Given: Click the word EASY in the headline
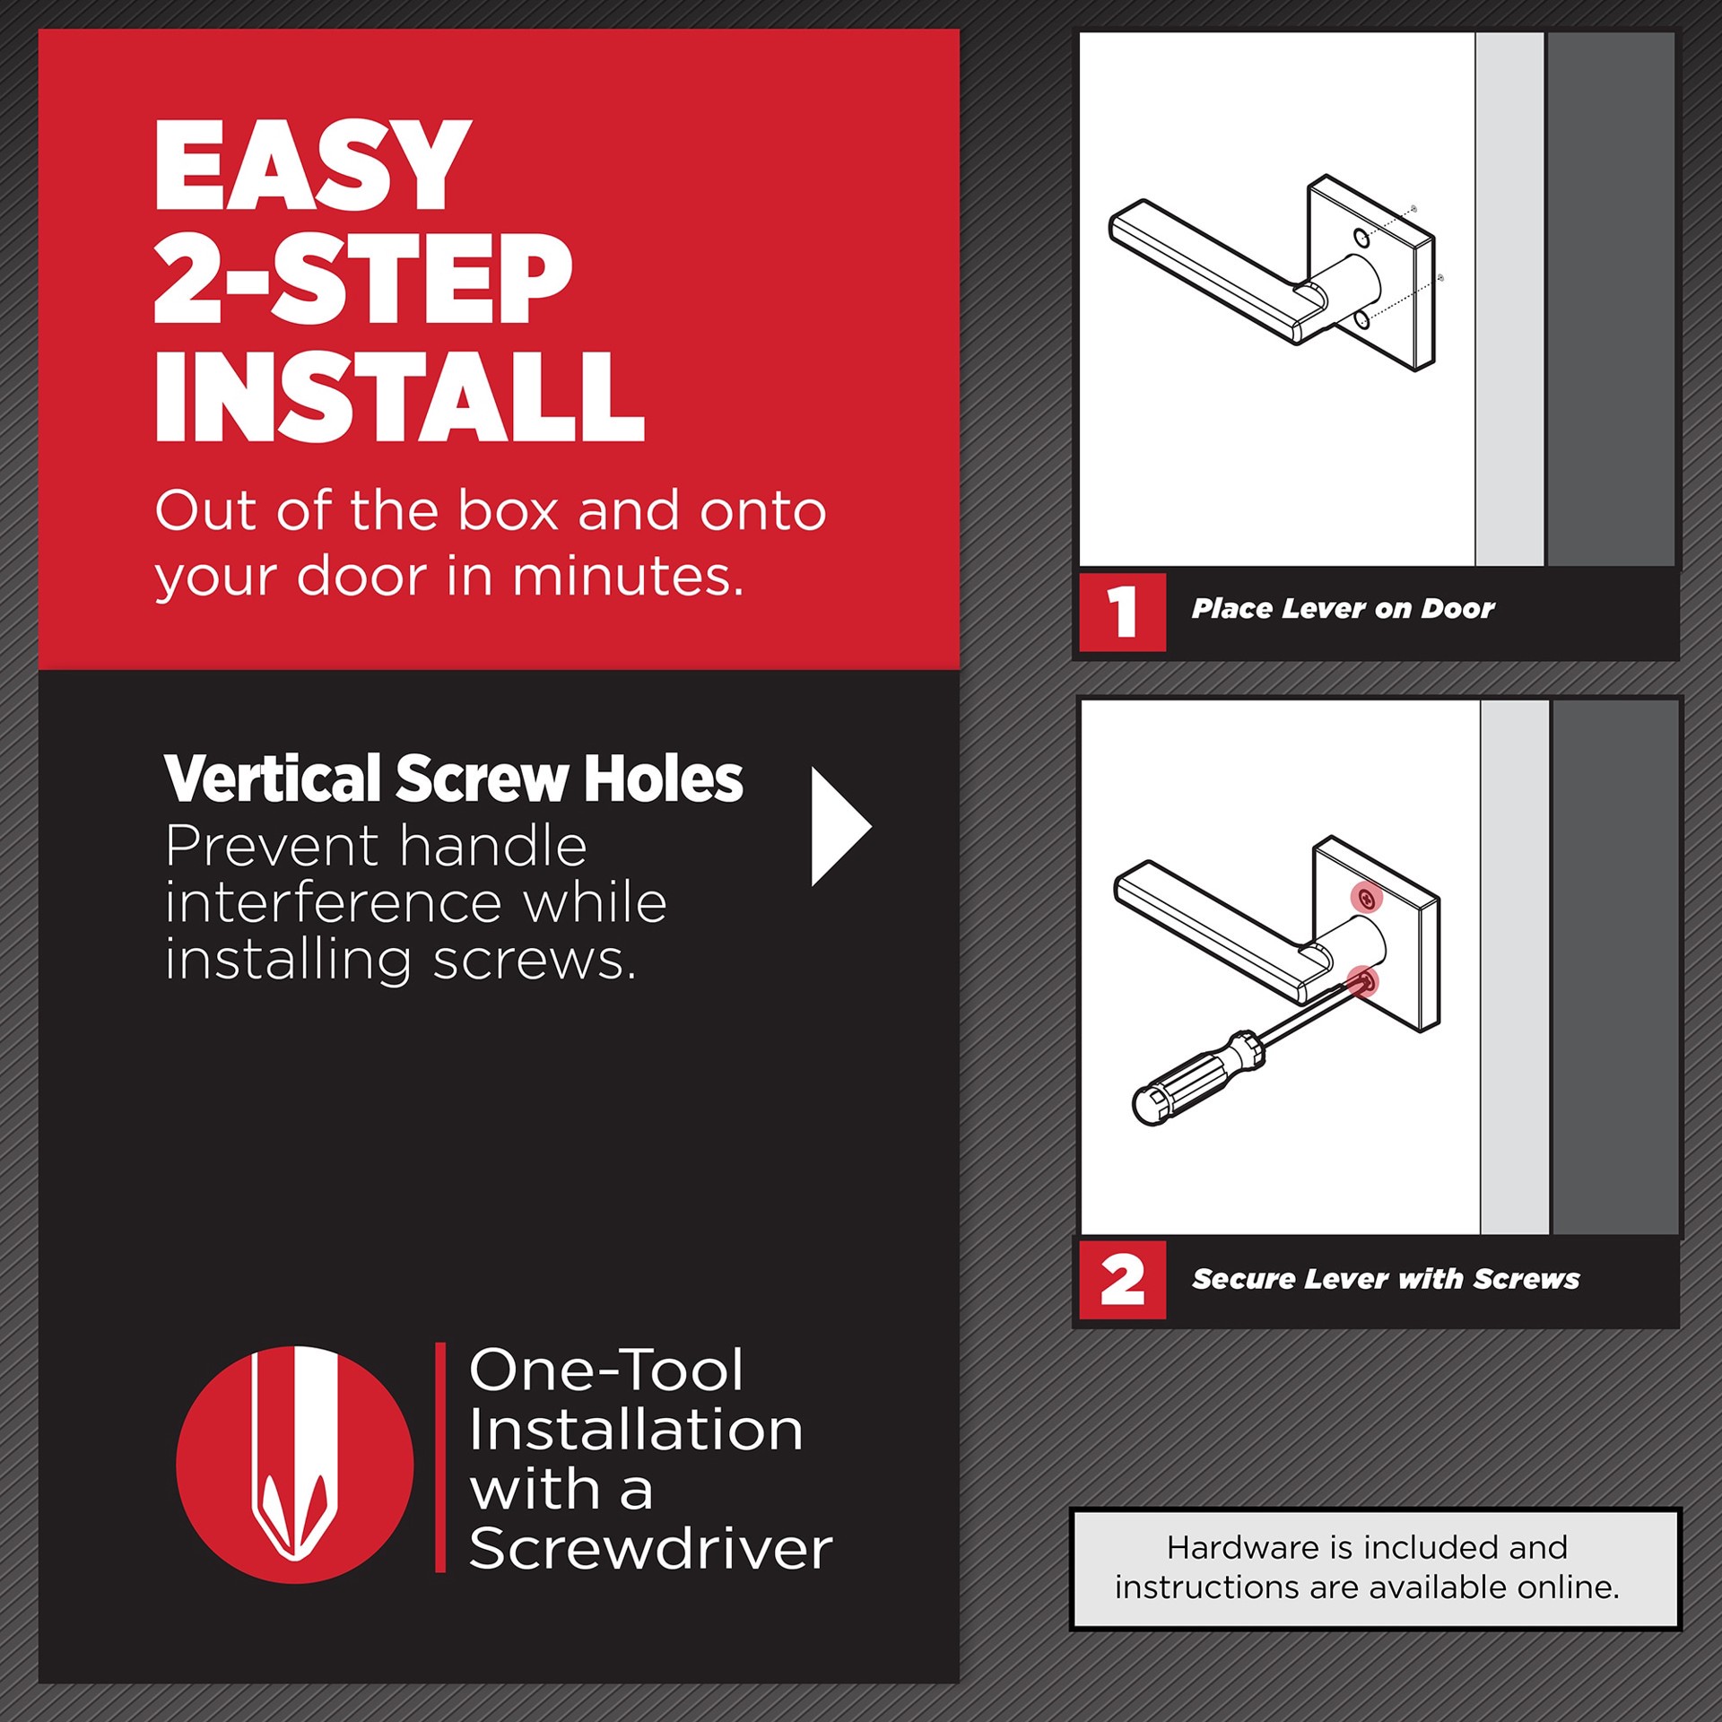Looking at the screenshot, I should pyautogui.click(x=311, y=167).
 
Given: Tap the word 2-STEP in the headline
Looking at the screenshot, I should pyautogui.click(x=362, y=281).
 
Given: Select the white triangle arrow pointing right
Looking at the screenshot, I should pyautogui.click(x=836, y=826).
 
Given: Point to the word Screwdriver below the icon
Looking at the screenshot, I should pyautogui.click(x=650, y=1549).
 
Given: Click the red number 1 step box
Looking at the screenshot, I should pyautogui.click(x=1121, y=612).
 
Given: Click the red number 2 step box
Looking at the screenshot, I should pyautogui.click(x=1121, y=1280).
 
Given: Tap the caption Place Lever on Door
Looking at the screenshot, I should pyautogui.click(x=1343, y=609).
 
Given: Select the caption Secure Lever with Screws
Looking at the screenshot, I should pyautogui.click(x=1385, y=1279).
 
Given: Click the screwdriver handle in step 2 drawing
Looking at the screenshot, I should pyautogui.click(x=1197, y=1076).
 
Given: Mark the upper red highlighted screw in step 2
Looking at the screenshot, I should pyautogui.click(x=1366, y=899).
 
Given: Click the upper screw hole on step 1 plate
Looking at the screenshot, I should pyautogui.click(x=1361, y=238).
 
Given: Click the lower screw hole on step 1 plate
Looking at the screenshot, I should pyautogui.click(x=1362, y=319).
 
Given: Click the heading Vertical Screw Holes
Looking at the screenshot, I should pyautogui.click(x=453, y=778).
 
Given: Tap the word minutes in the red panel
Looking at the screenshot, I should pyautogui.click(x=627, y=576).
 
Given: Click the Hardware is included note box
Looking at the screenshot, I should pyautogui.click(x=1375, y=1568).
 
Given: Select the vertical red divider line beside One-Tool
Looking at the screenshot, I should pyautogui.click(x=440, y=1457).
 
